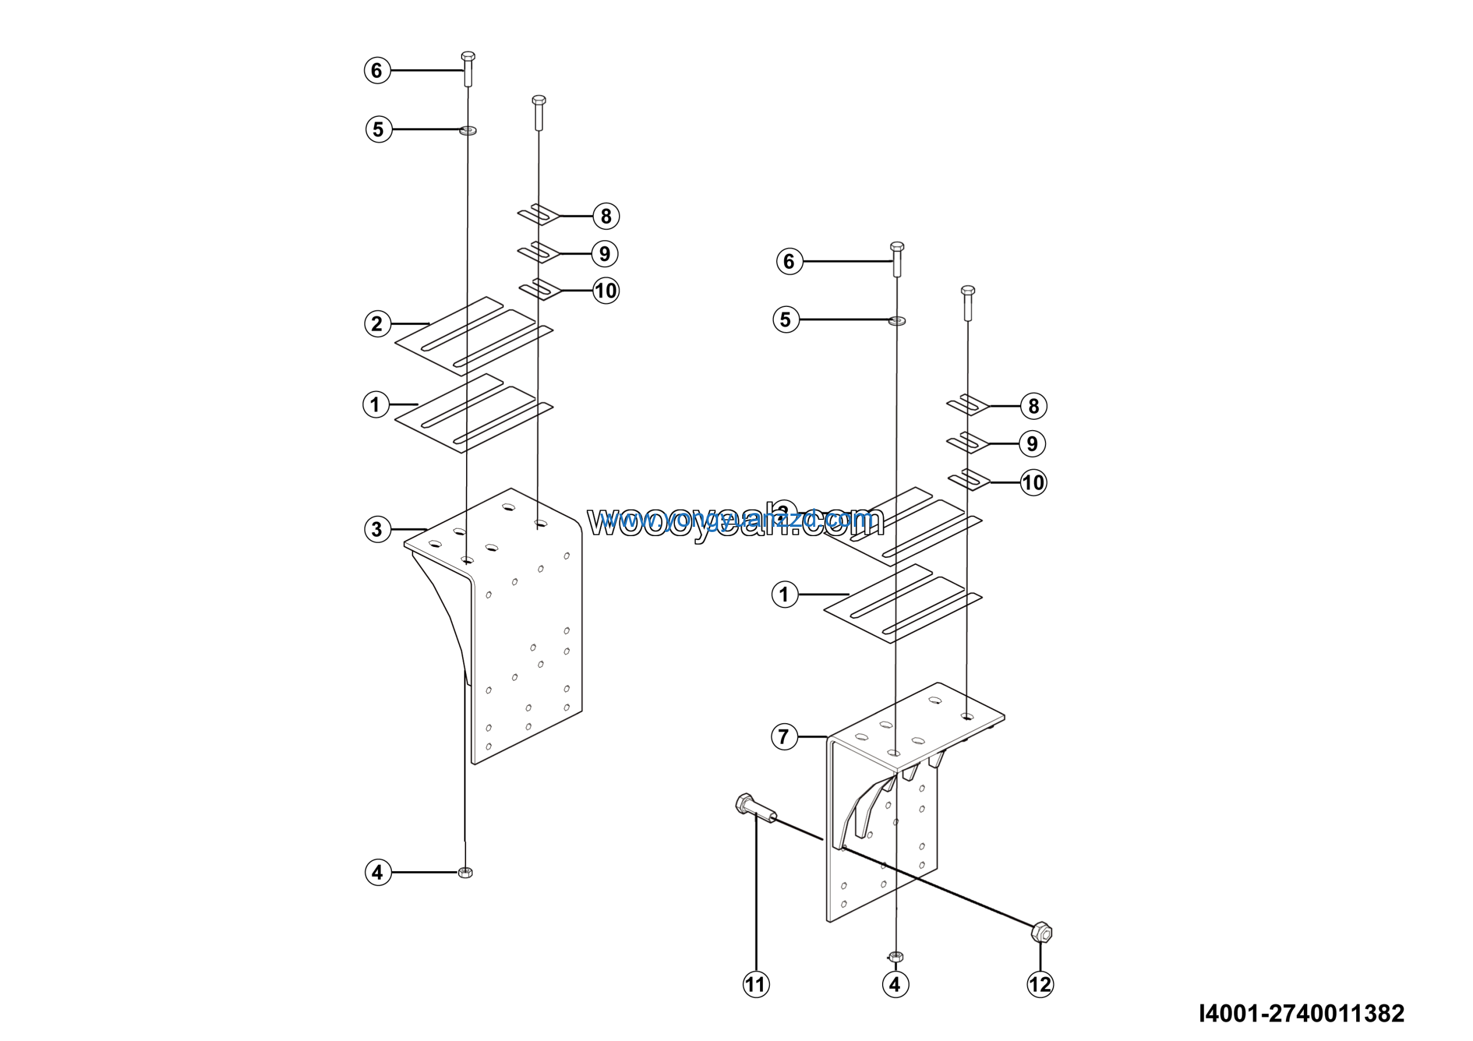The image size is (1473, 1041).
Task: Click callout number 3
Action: (377, 530)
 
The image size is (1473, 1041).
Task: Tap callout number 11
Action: (755, 985)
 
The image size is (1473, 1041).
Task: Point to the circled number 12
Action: (1040, 985)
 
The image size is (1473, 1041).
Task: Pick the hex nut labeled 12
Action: (1041, 932)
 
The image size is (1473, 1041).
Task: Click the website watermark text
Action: (735, 521)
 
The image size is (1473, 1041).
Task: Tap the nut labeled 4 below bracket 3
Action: (465, 872)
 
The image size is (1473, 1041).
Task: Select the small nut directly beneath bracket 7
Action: (896, 956)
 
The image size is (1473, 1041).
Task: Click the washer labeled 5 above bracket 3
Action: (468, 131)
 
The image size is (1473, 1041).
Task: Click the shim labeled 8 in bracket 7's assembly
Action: (967, 405)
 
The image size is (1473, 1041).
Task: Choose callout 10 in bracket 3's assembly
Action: (606, 291)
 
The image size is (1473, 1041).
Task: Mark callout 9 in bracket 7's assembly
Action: (1032, 443)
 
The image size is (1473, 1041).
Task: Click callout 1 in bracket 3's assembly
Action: (375, 405)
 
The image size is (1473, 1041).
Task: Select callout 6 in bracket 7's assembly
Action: (789, 261)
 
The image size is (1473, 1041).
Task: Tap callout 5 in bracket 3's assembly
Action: (379, 129)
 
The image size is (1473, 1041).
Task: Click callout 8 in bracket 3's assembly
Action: (606, 216)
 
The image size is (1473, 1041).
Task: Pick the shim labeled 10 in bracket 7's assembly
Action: (969, 481)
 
